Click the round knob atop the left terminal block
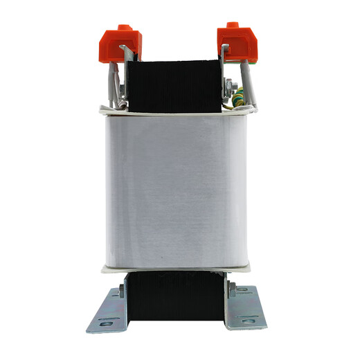point(125,28)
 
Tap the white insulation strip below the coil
point(179,266)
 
